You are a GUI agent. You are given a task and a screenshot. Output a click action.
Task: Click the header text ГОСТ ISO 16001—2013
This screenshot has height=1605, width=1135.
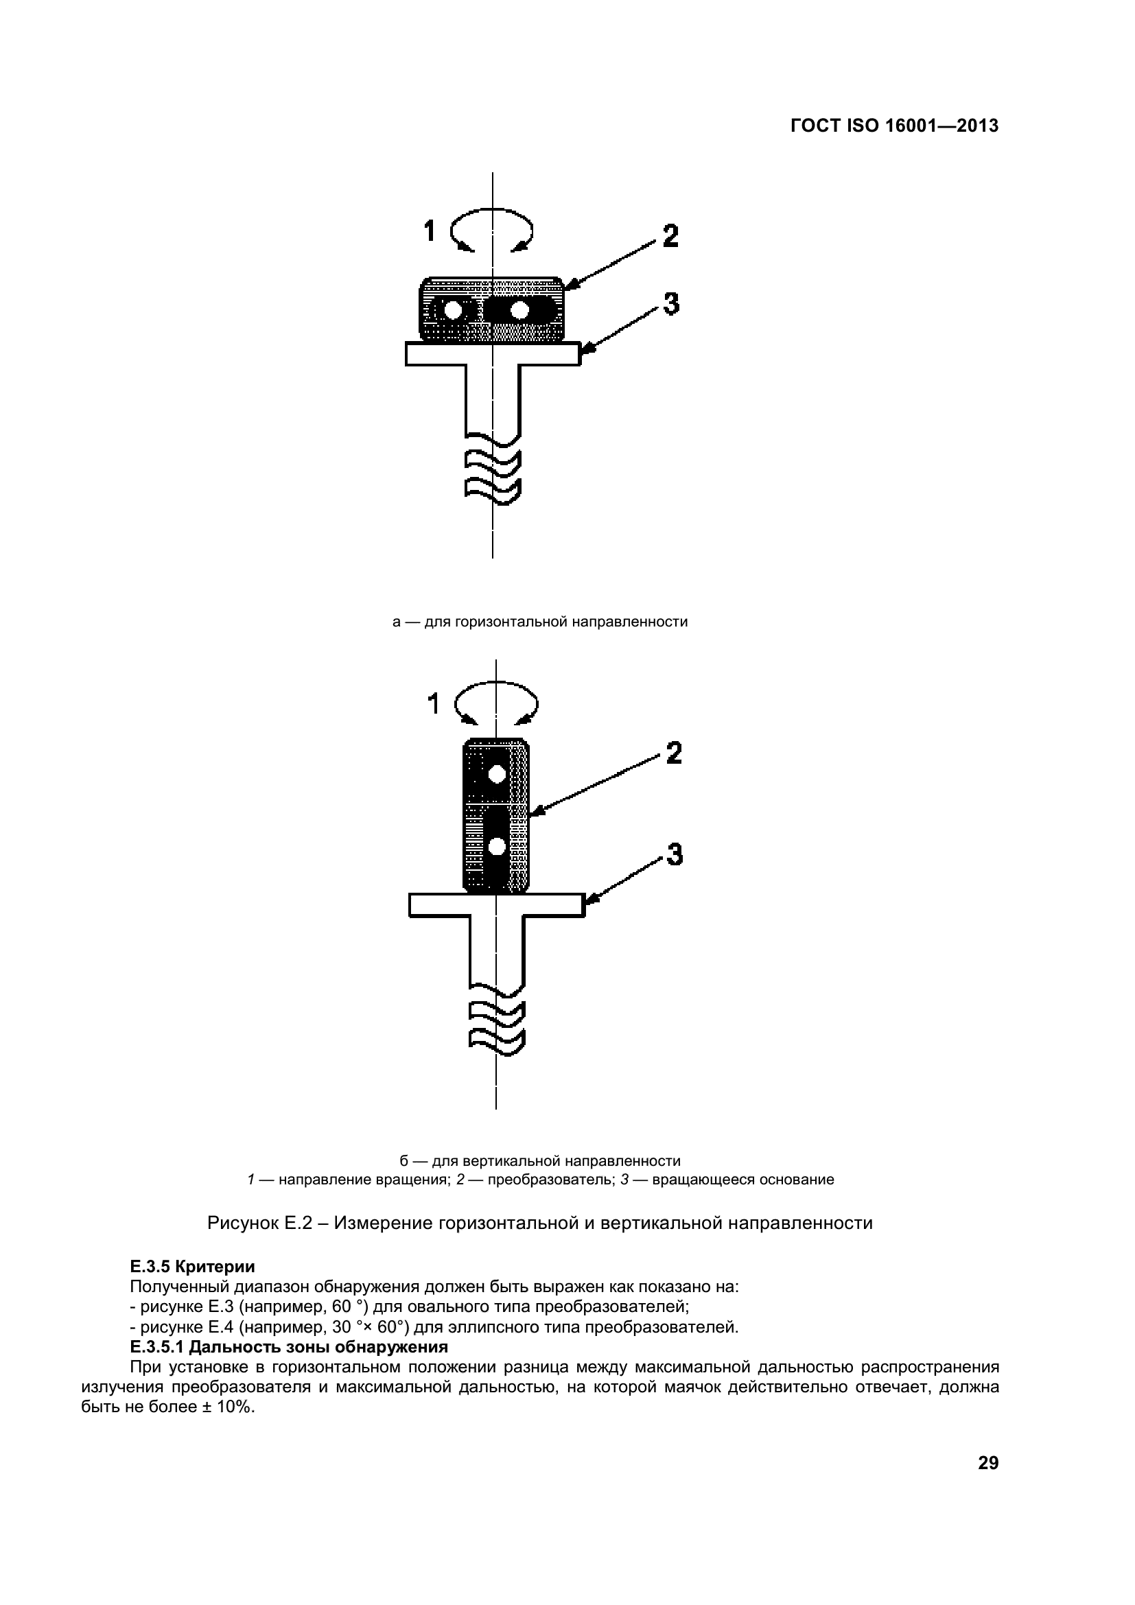(894, 126)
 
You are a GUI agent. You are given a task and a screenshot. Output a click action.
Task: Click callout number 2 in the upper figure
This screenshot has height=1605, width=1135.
(670, 235)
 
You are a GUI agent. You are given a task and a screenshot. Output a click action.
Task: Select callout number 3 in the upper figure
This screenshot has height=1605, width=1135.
(670, 304)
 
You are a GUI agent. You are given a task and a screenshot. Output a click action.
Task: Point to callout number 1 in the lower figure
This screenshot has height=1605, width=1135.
(433, 704)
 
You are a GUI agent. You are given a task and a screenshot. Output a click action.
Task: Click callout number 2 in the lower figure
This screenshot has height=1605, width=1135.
(673, 753)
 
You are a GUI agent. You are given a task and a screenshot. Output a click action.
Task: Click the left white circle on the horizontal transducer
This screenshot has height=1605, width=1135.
(453, 309)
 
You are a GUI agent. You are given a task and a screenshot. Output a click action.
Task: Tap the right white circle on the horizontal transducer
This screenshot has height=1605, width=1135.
(519, 309)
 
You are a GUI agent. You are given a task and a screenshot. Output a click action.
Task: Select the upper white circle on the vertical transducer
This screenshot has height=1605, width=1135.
(497, 774)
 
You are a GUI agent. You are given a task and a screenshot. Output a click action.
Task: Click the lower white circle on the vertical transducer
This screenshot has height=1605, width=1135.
(497, 847)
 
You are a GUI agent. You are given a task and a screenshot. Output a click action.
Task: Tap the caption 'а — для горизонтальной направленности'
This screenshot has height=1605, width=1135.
(539, 622)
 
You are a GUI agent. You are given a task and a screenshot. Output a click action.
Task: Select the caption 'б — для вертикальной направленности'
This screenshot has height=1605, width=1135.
(539, 1161)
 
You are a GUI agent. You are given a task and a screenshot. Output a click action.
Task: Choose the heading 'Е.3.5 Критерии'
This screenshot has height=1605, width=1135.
(192, 1267)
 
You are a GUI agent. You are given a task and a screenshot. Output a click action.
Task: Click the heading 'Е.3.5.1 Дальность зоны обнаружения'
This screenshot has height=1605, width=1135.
(289, 1346)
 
